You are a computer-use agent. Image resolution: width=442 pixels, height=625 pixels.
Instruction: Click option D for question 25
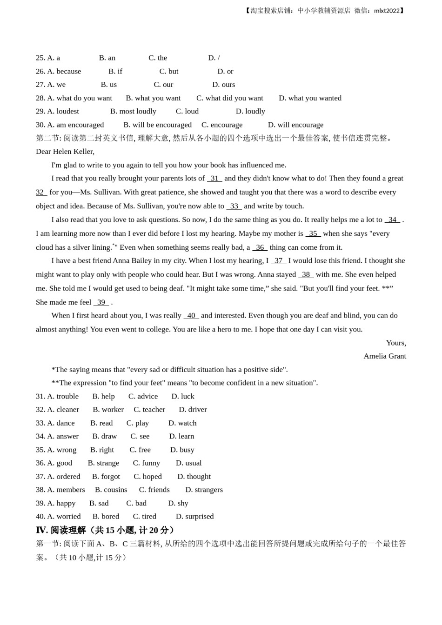pyautogui.click(x=214, y=58)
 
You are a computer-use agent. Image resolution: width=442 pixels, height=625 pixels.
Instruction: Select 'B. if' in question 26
pyautogui.click(x=115, y=71)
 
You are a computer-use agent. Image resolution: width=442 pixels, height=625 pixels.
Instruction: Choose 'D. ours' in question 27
pyautogui.click(x=223, y=85)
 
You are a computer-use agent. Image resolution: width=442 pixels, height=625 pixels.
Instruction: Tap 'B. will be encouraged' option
pyautogui.click(x=157, y=125)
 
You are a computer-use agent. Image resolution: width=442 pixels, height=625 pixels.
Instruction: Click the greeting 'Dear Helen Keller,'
pyautogui.click(x=65, y=151)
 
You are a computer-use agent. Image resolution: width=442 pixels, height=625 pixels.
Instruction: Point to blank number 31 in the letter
pyautogui.click(x=214, y=178)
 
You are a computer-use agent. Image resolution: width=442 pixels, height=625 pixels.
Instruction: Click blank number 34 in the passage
pyautogui.click(x=392, y=219)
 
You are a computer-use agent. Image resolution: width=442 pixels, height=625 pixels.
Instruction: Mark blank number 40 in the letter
pyautogui.click(x=191, y=315)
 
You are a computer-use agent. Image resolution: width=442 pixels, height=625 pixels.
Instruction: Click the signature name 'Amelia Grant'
pyautogui.click(x=385, y=356)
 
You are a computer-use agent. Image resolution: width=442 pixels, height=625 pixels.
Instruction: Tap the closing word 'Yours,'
pyautogui.click(x=396, y=343)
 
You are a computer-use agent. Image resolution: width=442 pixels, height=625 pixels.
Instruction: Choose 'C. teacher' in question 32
pyautogui.click(x=149, y=409)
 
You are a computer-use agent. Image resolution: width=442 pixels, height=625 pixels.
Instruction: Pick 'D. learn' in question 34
pyautogui.click(x=181, y=436)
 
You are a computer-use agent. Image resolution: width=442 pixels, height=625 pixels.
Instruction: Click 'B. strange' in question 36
pyautogui.click(x=103, y=463)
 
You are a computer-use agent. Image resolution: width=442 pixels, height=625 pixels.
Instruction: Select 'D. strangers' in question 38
pyautogui.click(x=204, y=490)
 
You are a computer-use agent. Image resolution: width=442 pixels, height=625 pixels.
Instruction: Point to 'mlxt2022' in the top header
pyautogui.click(x=387, y=10)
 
